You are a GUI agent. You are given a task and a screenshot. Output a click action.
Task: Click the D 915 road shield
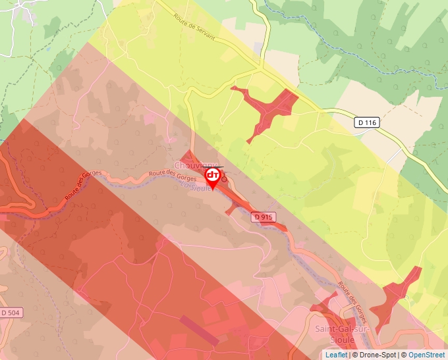pos(262,216)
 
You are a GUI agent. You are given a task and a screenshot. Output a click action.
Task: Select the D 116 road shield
pos(368,122)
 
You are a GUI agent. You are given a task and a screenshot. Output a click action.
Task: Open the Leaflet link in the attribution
pos(336,355)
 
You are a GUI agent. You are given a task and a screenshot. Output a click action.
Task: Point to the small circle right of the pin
pos(224,178)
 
